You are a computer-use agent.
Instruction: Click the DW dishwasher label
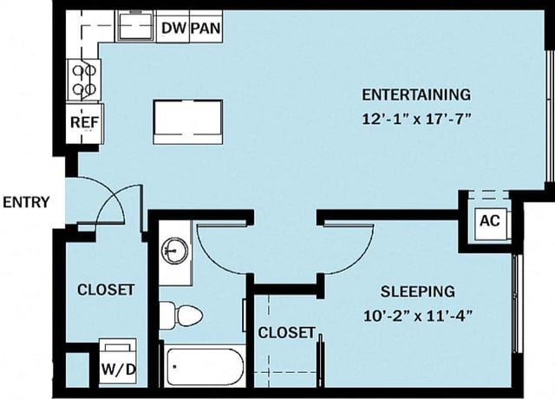click(x=173, y=28)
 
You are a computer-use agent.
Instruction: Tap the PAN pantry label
click(x=205, y=28)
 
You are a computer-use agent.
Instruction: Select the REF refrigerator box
click(x=83, y=122)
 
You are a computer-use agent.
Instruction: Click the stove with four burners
click(x=83, y=80)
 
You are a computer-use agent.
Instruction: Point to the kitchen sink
click(x=135, y=28)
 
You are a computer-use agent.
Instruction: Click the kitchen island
click(x=187, y=121)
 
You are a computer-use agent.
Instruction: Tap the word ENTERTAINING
click(x=416, y=94)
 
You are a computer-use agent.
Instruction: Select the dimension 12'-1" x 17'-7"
click(x=416, y=119)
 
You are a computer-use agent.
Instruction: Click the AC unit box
click(x=489, y=220)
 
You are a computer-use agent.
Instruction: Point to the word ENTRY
click(x=26, y=202)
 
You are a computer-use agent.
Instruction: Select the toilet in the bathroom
click(x=181, y=314)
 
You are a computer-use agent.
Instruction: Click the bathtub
click(x=205, y=368)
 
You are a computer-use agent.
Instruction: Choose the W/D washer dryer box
click(x=118, y=367)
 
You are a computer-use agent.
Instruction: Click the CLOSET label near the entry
click(x=106, y=289)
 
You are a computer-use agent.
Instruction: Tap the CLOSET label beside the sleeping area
click(x=286, y=332)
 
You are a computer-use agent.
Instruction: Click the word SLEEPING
click(x=417, y=291)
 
